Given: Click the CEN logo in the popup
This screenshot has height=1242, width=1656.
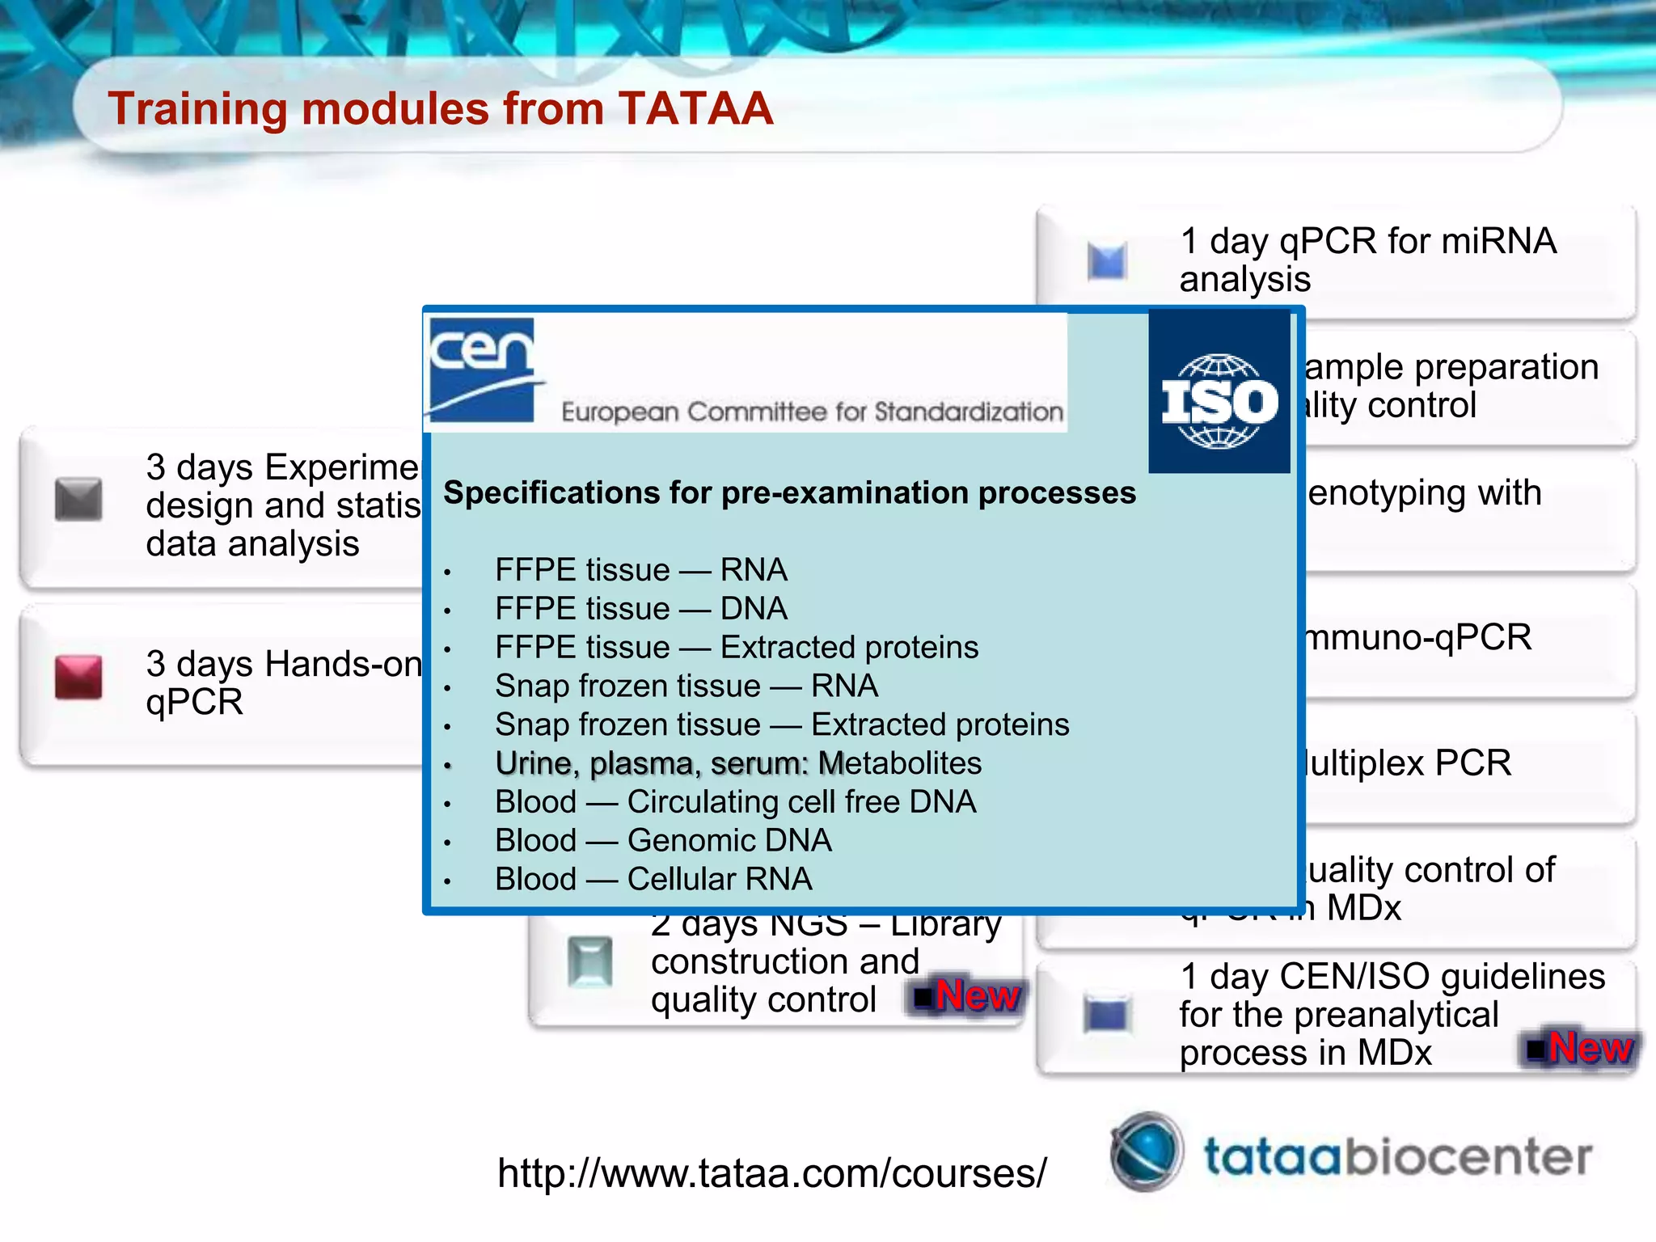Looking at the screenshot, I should pyautogui.click(x=483, y=370).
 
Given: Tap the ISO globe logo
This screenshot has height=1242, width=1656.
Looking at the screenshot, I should pyautogui.click(x=1219, y=400).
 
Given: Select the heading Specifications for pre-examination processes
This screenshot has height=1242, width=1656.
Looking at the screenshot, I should pyautogui.click(x=789, y=493).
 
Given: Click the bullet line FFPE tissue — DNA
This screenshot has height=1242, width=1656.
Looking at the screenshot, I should pyautogui.click(x=640, y=609).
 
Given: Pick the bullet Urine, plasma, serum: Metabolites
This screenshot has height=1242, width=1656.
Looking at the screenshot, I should pyautogui.click(x=737, y=763).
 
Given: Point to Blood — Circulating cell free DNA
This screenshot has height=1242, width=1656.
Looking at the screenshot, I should pyautogui.click(x=735, y=802).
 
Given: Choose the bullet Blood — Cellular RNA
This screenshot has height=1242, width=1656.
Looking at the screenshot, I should pyautogui.click(x=653, y=880).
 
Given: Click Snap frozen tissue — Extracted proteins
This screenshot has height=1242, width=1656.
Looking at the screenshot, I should pyautogui.click(x=781, y=725).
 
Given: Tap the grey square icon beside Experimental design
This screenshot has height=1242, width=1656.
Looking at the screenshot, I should pyautogui.click(x=78, y=499).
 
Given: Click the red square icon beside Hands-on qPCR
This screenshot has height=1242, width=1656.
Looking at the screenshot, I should pyautogui.click(x=78, y=677).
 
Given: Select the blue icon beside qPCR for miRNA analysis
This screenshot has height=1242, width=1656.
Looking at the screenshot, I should pyautogui.click(x=1107, y=261).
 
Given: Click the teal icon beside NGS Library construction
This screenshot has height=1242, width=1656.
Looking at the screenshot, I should pyautogui.click(x=589, y=961).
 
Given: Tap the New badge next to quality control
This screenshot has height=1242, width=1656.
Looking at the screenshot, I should pyautogui.click(x=968, y=995).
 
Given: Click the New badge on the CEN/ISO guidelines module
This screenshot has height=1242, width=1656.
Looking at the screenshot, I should pyautogui.click(x=1582, y=1048).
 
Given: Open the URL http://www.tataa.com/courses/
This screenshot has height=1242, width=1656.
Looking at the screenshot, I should pyautogui.click(x=771, y=1173).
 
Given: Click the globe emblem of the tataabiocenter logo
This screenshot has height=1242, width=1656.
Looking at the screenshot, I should pyautogui.click(x=1146, y=1151).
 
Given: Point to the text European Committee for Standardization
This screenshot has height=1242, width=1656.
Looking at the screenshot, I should pyautogui.click(x=812, y=412).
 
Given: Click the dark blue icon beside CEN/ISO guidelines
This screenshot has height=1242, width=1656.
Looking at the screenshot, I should pyautogui.click(x=1107, y=1015).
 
